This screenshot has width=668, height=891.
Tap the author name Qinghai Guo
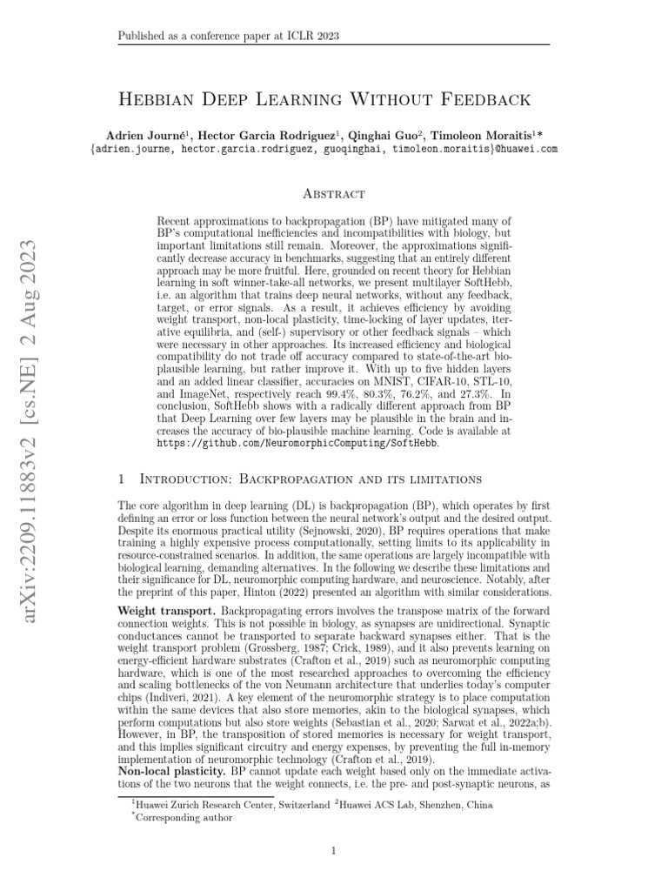[x=387, y=136]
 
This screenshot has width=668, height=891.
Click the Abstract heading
[x=333, y=193]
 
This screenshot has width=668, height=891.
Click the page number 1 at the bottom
[x=333, y=850]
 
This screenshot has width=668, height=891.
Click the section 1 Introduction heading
[x=297, y=479]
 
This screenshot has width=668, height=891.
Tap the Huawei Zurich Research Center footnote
[x=230, y=806]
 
